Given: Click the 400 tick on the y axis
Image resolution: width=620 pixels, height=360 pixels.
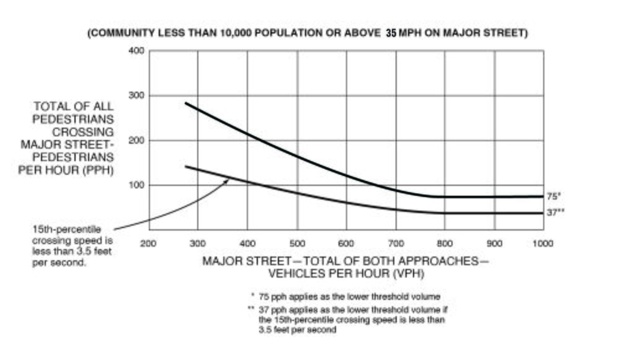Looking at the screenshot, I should (136, 50).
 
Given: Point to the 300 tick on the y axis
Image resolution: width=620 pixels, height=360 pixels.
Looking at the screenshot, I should (136, 95).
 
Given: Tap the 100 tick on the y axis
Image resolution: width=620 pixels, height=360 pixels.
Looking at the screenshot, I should (136, 185).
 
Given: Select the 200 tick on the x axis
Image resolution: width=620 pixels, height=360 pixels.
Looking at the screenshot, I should (148, 244).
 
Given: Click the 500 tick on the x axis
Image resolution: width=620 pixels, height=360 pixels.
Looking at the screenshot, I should (297, 244).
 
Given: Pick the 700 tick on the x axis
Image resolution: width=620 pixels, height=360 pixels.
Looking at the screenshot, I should (396, 244).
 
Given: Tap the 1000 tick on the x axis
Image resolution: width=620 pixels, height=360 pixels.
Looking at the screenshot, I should (542, 244).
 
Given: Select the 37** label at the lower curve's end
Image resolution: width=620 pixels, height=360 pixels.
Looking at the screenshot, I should (556, 213).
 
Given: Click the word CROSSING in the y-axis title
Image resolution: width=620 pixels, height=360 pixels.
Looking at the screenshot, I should (88, 131).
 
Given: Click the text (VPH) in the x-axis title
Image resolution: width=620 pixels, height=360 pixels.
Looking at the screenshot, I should (408, 273).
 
